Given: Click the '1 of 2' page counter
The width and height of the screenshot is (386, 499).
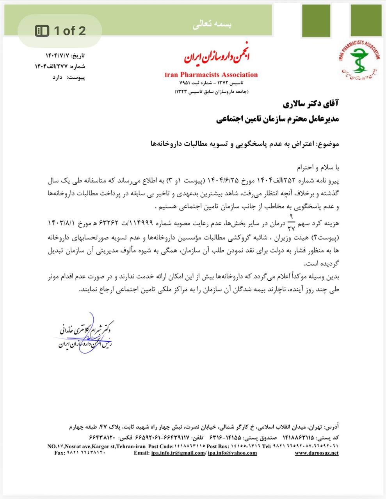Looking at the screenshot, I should click(70, 31).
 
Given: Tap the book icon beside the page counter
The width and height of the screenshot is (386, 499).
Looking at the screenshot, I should click(42, 31).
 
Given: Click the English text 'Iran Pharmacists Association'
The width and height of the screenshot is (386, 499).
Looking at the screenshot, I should click(211, 75).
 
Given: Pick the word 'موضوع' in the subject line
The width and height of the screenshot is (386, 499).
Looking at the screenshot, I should click(327, 144).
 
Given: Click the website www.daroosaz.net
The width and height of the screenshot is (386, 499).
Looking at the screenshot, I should click(316, 453).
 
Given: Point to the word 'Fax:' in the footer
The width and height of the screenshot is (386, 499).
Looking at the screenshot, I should click(60, 453).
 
